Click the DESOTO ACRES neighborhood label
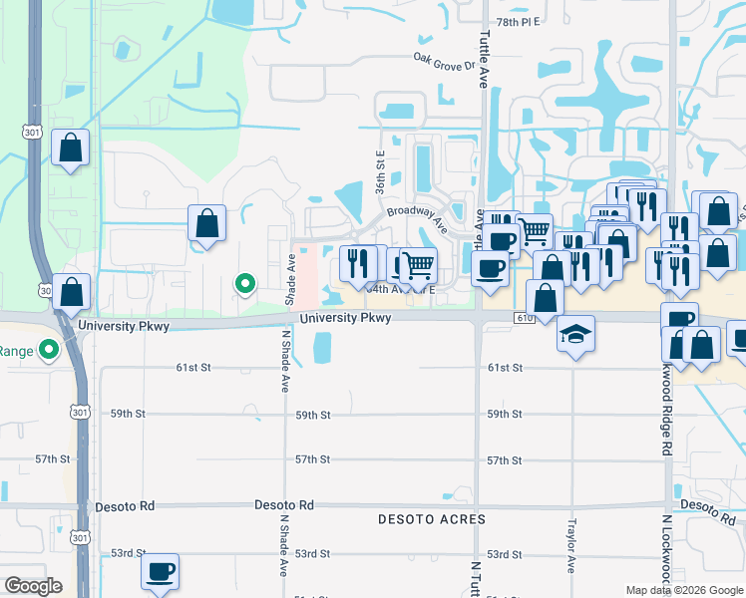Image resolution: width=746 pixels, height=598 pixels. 432,519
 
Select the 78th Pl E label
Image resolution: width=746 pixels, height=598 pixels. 518,21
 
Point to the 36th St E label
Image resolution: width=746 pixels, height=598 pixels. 380,171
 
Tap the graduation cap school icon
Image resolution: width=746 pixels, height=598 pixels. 575,334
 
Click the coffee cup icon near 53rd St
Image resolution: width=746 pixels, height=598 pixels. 160,572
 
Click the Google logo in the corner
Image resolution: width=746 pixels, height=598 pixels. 33,586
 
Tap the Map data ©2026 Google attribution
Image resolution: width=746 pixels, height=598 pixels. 684,590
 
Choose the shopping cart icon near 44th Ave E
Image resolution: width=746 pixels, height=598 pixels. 419,265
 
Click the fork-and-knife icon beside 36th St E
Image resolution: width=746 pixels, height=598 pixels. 357,262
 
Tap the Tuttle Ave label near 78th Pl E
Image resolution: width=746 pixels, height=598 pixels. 484,60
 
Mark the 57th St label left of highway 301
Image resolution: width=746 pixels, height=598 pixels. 52,459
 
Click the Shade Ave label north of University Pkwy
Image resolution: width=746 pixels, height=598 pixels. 291,279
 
